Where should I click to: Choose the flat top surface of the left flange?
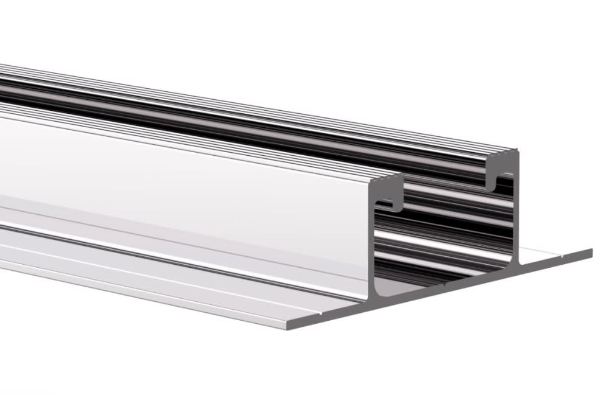(x=183, y=274)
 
